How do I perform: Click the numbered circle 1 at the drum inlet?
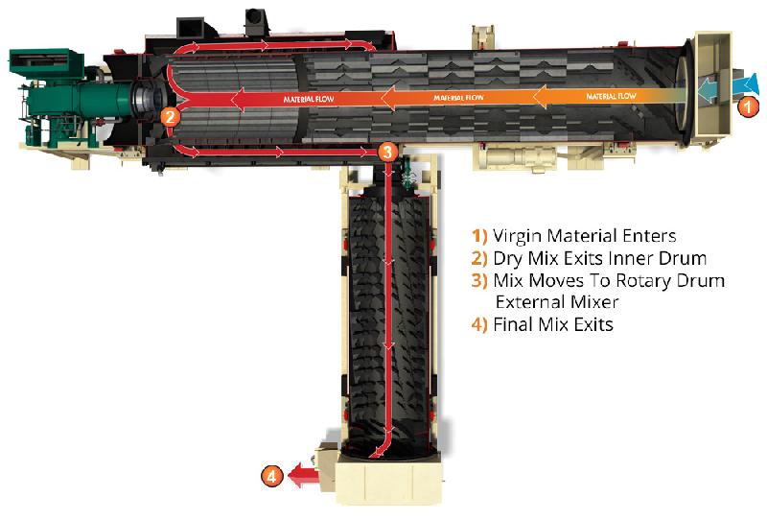click(748, 108)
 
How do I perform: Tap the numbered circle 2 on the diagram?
click(170, 117)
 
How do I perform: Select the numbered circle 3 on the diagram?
click(386, 152)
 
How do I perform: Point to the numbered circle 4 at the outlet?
click(272, 474)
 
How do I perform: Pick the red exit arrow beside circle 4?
click(302, 473)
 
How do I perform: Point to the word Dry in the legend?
click(508, 258)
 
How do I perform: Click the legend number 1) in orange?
click(478, 236)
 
